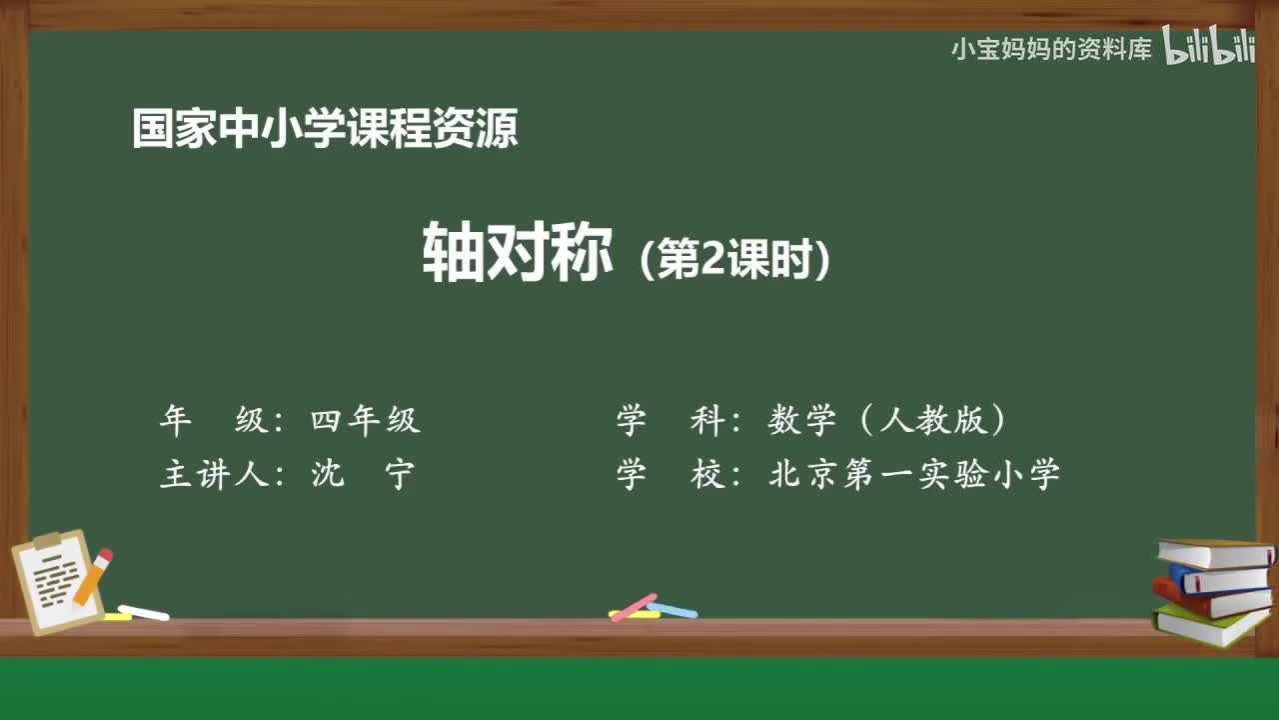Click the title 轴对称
coord(518,252)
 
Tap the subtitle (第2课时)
coord(735,261)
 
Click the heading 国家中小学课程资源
coord(325,130)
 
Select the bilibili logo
coord(1208,49)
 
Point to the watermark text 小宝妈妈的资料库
coord(1051,49)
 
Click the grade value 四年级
coord(365,421)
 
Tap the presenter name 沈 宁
coord(362,474)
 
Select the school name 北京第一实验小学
coord(913,474)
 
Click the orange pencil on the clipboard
coord(93,576)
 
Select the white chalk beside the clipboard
coord(143,612)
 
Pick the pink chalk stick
coord(633,607)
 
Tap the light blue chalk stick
coord(672,609)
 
